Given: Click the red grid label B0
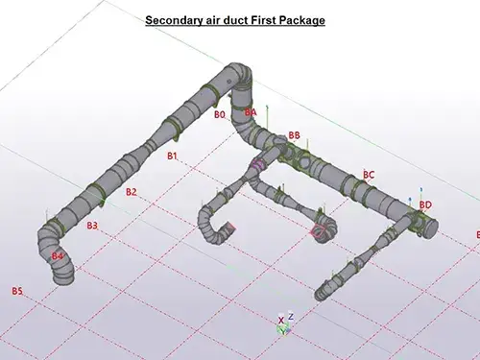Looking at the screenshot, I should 220,114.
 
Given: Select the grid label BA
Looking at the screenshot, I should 251,112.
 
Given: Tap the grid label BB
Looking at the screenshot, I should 294,135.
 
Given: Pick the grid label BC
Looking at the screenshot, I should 369,175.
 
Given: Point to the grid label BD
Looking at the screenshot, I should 425,204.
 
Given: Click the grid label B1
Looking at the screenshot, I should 173,155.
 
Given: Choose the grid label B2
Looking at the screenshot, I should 132,192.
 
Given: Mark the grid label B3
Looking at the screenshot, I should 92,226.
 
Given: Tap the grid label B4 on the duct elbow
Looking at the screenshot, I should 58,256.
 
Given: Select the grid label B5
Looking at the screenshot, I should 16,290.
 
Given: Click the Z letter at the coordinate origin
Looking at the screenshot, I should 290,316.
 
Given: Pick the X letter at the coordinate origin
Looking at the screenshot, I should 280,320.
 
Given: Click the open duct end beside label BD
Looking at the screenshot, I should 431,227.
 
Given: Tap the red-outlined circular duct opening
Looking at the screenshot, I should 319,230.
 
